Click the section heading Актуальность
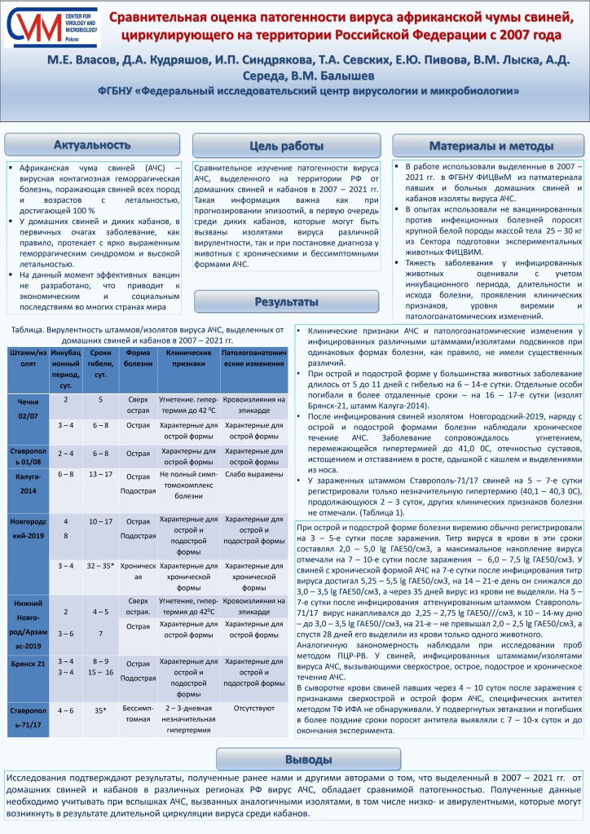(x=92, y=146)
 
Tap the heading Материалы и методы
(x=485, y=146)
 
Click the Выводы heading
(x=296, y=758)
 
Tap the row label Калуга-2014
(x=27, y=481)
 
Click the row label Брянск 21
(x=27, y=665)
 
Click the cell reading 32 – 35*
(x=101, y=565)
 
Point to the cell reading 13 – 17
(x=101, y=473)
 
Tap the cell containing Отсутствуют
(x=253, y=709)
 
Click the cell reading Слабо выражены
(x=253, y=474)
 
